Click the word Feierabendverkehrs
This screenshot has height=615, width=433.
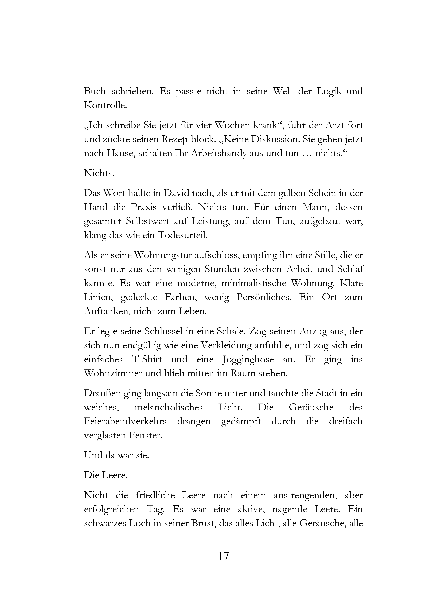click(125, 421)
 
